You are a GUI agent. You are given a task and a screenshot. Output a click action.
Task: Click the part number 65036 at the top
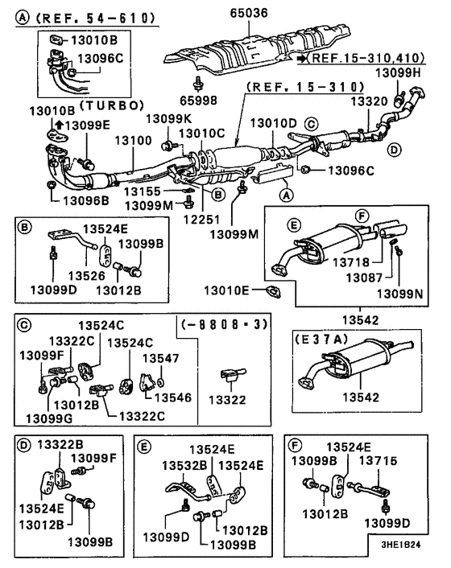pos(249,13)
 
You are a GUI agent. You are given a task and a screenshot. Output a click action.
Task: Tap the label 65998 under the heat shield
pos(199,101)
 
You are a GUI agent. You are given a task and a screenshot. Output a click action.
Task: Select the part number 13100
pos(134,140)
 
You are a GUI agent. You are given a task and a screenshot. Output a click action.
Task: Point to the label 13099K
pos(168,118)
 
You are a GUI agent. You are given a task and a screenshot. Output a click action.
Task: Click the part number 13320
pos(369,101)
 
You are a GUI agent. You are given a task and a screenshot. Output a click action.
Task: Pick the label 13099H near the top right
pos(398,73)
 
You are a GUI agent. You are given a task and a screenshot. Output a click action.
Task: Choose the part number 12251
pos(201,219)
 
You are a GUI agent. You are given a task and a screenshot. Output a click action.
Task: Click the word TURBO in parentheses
pos(112,105)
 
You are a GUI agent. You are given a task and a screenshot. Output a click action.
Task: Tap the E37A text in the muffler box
pos(321,339)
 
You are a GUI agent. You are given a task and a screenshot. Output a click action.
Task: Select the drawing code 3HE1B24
pos(400,545)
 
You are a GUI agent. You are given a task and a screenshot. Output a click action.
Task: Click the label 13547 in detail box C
pos(160,358)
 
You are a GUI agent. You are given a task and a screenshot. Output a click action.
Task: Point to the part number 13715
pos(379,461)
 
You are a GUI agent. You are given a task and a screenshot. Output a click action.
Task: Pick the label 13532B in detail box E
pos(184,466)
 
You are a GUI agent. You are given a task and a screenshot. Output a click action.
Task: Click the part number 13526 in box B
pos(87,276)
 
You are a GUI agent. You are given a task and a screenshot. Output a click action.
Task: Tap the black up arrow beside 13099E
pos(60,125)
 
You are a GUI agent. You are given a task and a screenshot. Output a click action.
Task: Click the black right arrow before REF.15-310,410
pos(302,58)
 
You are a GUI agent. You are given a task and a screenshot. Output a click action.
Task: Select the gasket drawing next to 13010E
pos(273,291)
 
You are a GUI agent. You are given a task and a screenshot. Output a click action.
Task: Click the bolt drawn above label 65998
pos(198,84)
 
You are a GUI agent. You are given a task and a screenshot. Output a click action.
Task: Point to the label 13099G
pos(49,418)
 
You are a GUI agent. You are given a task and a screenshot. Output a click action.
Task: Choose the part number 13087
pos(364,278)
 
